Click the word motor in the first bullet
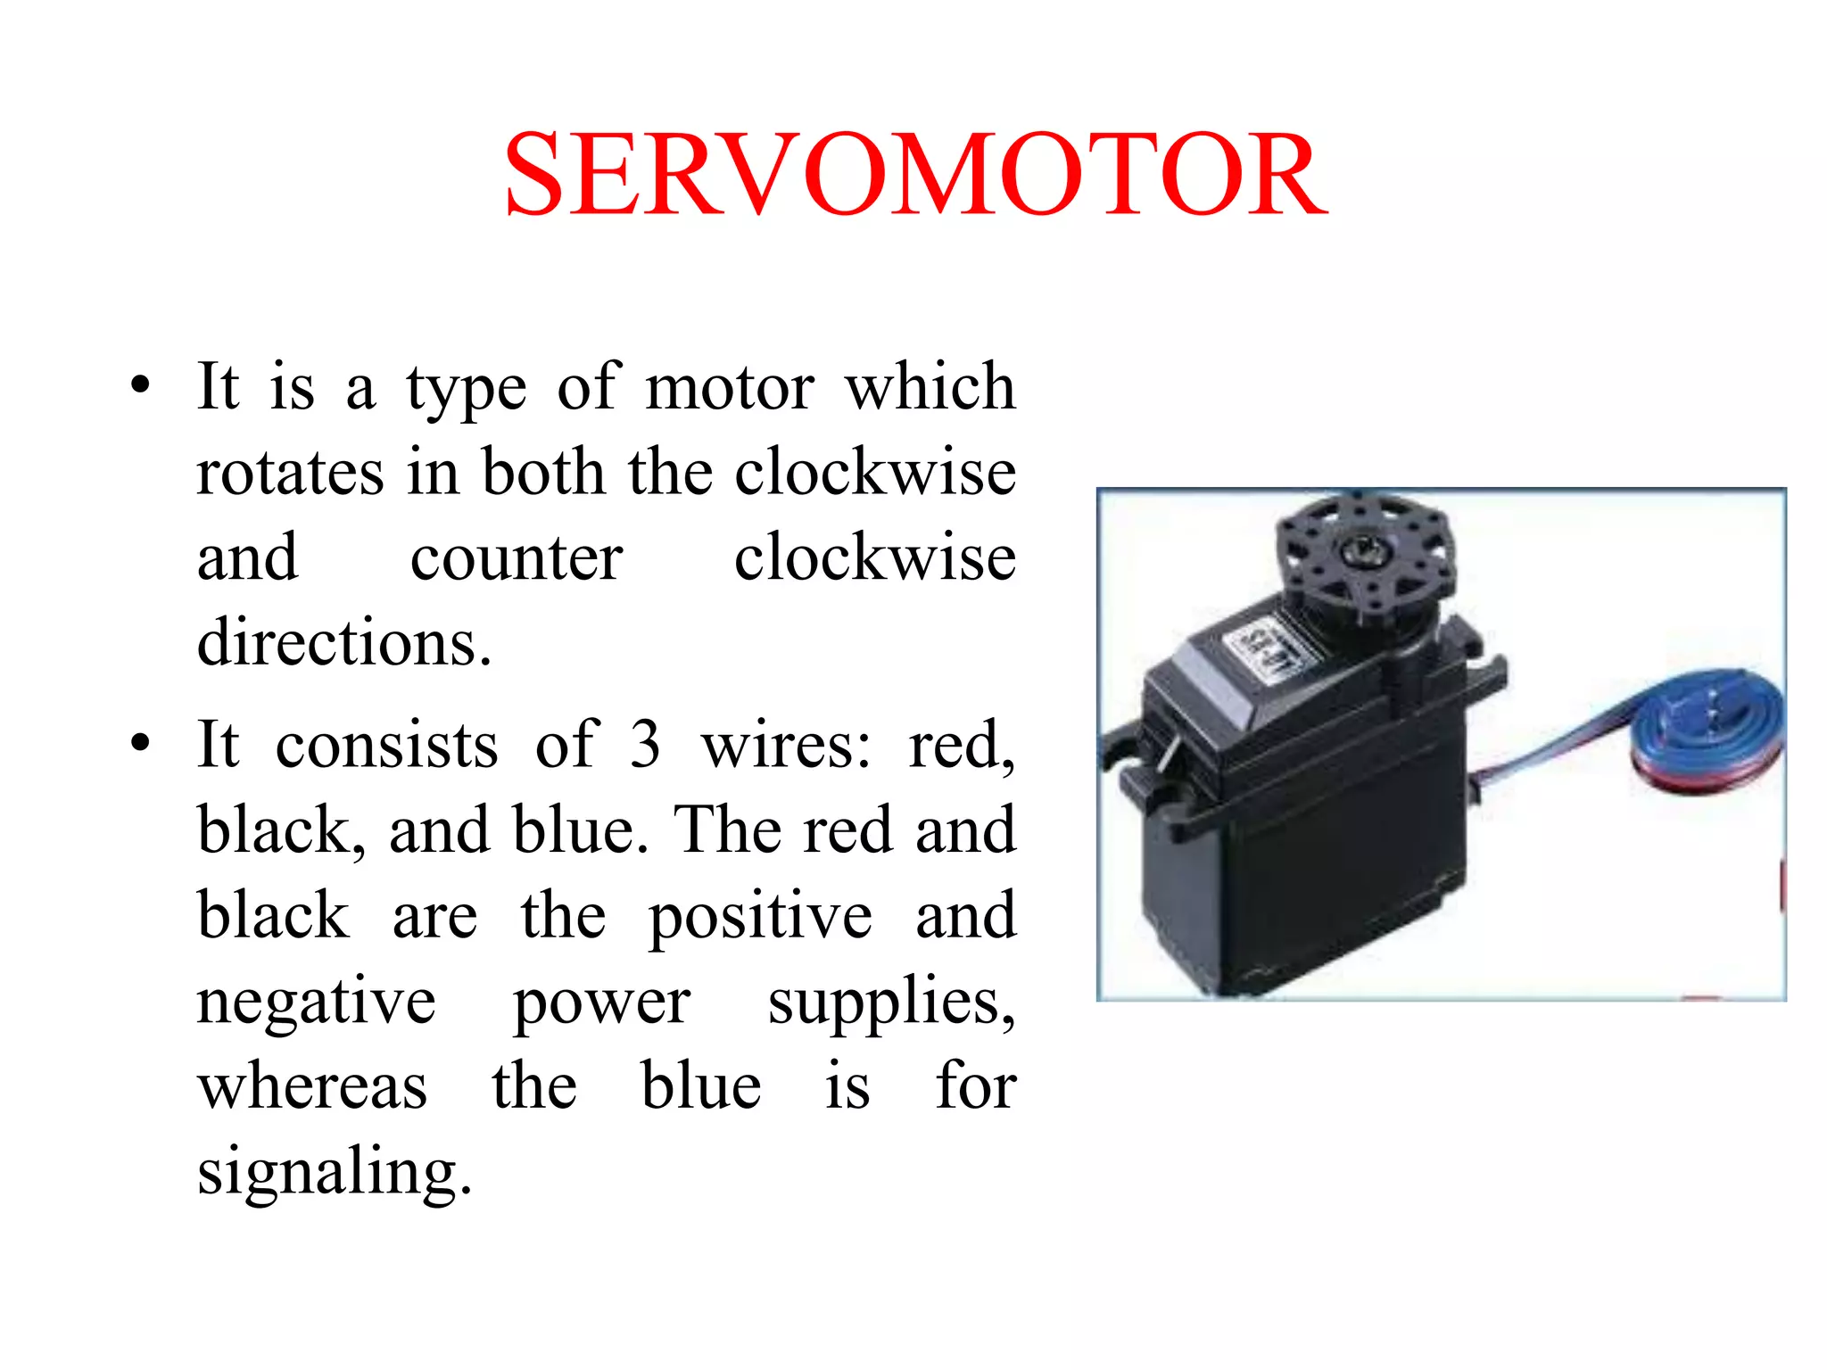(x=729, y=389)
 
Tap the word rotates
(x=291, y=473)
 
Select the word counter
(x=516, y=559)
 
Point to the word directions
(x=343, y=642)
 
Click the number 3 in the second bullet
(x=645, y=744)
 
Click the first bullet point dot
(x=140, y=387)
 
